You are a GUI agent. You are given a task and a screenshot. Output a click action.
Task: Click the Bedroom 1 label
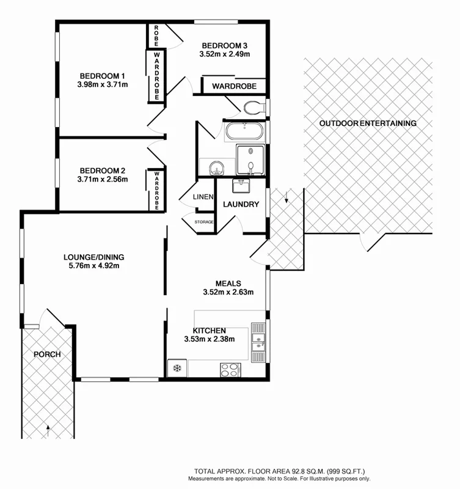[102, 75]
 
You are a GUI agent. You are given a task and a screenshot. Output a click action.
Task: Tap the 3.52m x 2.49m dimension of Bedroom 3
[224, 54]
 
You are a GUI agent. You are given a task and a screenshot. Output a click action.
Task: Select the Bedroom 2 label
[102, 170]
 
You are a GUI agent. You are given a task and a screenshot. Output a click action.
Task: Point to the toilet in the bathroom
[252, 108]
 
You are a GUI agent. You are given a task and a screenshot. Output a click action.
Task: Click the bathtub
[244, 131]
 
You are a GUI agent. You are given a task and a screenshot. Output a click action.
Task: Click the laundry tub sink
[249, 185]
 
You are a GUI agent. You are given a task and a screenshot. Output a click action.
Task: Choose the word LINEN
[203, 197]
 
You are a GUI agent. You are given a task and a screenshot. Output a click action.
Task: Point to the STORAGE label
[204, 222]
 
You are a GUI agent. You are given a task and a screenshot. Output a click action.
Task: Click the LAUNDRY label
[241, 204]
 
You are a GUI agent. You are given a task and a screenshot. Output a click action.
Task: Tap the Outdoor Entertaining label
[368, 123]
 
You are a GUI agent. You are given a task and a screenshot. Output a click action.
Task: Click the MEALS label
[228, 284]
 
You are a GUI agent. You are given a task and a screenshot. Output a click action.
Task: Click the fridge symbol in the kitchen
[177, 368]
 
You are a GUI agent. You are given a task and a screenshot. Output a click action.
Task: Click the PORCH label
[46, 355]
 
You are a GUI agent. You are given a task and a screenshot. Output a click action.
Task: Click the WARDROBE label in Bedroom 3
[233, 87]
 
